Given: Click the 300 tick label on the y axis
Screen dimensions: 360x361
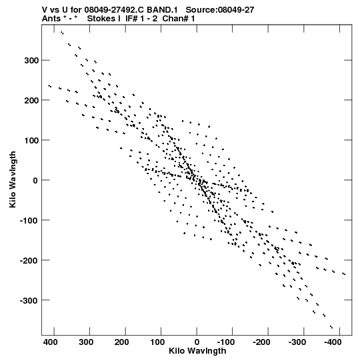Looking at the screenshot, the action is [x=31, y=61].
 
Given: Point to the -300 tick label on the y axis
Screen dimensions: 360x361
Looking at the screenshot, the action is [x=29, y=300].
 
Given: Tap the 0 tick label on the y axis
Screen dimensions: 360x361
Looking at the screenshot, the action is [x=35, y=180].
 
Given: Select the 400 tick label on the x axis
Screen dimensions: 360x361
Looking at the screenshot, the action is [x=50, y=342].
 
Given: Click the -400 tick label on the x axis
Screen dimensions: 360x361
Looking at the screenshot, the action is [x=333, y=342].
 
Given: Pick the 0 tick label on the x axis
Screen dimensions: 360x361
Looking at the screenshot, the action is [x=197, y=342].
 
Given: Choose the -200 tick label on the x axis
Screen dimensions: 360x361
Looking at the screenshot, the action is [x=261, y=342].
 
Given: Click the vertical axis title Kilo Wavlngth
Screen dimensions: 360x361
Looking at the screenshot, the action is [x=13, y=179].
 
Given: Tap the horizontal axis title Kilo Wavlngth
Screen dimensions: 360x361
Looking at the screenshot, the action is [x=197, y=351].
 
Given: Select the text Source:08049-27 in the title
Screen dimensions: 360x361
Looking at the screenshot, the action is [x=220, y=10].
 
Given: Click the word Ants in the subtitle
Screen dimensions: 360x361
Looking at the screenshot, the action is [x=51, y=19].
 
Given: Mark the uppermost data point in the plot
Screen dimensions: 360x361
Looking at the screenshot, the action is [x=62, y=33].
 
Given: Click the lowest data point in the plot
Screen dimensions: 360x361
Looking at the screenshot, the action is [x=331, y=327].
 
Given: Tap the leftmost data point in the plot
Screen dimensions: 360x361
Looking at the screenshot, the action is [x=50, y=86].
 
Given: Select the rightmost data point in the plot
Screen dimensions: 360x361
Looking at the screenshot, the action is [x=344, y=274].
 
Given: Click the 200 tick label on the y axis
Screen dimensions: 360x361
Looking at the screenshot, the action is [x=31, y=100].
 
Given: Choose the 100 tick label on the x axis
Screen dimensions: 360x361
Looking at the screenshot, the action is [x=157, y=342].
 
